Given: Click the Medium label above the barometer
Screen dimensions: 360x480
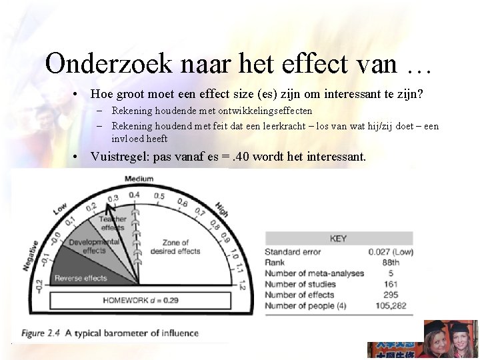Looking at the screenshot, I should pos(139,179).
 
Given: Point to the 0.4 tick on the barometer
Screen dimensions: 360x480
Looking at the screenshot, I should pos(135,195).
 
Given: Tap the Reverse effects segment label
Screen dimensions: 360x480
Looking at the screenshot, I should pos(81,278).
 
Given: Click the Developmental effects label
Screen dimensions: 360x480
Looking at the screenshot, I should pos(94,246).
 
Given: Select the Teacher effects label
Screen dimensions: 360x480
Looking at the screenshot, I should pos(113,223).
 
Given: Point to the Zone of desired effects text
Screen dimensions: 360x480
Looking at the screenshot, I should pos(181,247).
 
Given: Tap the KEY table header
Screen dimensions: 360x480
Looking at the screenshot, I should pos(338,239).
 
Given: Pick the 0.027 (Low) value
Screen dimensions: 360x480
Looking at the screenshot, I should pos(390,252).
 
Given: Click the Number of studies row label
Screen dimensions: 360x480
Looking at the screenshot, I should pos(300,284).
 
